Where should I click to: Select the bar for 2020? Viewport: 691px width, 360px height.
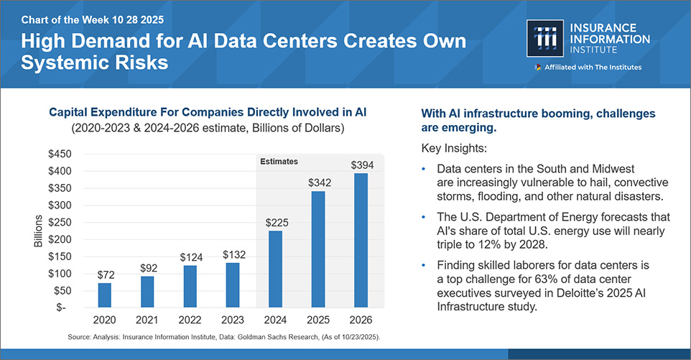(105, 295)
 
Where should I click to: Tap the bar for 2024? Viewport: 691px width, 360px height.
(276, 269)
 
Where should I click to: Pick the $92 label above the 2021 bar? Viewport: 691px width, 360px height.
(147, 268)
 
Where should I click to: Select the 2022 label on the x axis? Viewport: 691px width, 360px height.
(190, 319)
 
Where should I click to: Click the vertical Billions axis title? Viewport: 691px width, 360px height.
(39, 231)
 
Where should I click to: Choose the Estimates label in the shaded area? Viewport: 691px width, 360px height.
(279, 162)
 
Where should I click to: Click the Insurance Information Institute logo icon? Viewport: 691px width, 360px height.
(546, 39)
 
